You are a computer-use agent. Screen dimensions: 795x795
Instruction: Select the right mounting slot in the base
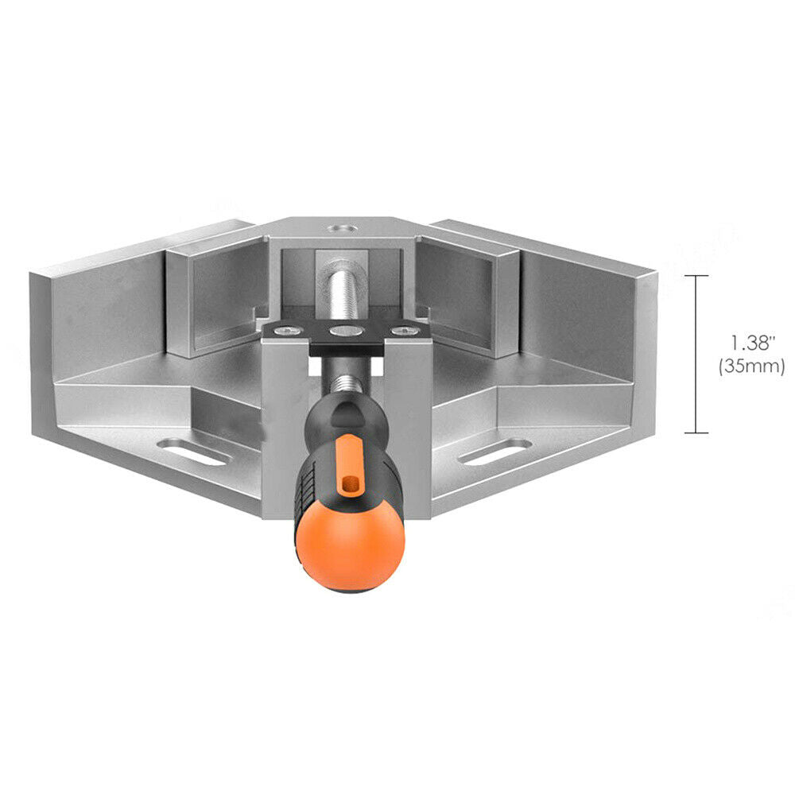click(x=494, y=452)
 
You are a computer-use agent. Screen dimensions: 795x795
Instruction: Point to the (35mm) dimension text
click(x=752, y=366)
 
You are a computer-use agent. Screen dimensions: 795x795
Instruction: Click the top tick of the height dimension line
click(x=696, y=277)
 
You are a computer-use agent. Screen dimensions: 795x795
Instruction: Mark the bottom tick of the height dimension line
click(x=696, y=433)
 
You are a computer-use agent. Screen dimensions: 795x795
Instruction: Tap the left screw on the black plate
click(x=286, y=331)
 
